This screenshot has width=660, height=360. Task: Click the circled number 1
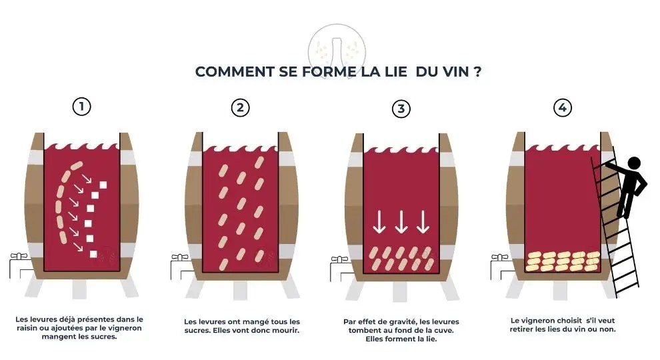[81, 107]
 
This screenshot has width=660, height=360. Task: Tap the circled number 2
[241, 107]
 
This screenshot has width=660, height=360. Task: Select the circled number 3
[401, 109]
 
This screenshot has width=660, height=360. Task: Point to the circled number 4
[563, 107]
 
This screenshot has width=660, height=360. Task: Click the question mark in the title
[477, 71]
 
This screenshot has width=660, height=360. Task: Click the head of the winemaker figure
[634, 163]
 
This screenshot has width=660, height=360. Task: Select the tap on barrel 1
[18, 257]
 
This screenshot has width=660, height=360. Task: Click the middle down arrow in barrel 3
[401, 221]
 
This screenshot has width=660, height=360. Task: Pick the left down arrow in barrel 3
[379, 221]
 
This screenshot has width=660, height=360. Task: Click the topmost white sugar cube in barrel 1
[103, 185]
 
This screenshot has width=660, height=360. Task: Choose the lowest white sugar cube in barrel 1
[93, 254]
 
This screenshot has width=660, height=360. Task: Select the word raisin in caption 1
[27, 329]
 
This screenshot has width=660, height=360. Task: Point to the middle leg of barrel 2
[241, 289]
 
